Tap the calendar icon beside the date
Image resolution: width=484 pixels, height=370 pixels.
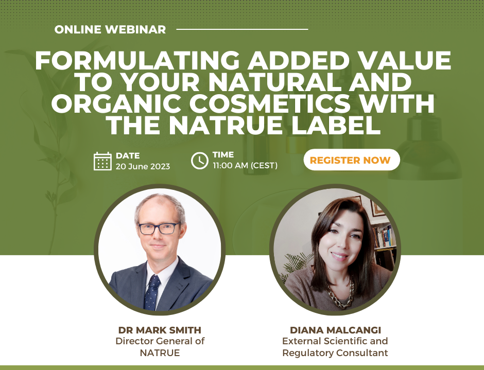pyautogui.click(x=102, y=161)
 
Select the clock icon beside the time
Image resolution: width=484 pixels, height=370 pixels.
pyautogui.click(x=199, y=161)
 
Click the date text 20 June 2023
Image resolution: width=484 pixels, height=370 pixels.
pyautogui.click(x=143, y=166)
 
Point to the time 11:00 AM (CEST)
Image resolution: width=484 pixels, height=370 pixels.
pyautogui.click(x=245, y=166)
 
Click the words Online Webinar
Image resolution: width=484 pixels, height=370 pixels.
pyautogui.click(x=110, y=29)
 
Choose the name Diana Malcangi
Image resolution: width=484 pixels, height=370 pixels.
pyautogui.click(x=335, y=330)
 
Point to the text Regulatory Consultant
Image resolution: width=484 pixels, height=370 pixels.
pyautogui.click(x=335, y=353)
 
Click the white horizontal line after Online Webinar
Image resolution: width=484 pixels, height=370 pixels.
pyautogui.click(x=243, y=29)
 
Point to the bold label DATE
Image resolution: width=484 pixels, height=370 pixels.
pyautogui.click(x=128, y=155)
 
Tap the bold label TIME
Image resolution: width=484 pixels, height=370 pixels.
pyautogui.click(x=223, y=154)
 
